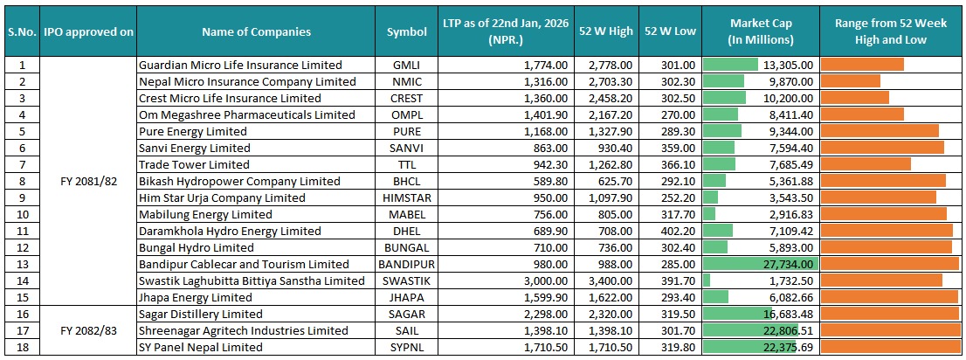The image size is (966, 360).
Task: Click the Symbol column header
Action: coord(407,31)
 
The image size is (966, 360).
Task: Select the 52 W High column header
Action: coord(605,31)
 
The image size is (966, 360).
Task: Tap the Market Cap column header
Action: coord(761,31)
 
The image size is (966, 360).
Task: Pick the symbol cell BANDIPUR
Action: coord(407,264)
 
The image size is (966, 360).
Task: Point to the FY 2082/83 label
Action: coord(89,330)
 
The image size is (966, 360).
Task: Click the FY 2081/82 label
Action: coord(89,181)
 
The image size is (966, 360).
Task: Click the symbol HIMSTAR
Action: coord(407,197)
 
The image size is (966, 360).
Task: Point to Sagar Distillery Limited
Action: coord(200,314)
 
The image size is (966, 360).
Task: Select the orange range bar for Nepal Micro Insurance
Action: coord(850,81)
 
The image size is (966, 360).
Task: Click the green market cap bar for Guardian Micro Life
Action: coord(730,65)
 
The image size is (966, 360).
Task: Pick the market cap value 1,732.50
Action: coord(788,280)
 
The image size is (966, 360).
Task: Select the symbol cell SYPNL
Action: coord(407,347)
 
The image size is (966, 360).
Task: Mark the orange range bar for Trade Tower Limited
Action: coord(866,164)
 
